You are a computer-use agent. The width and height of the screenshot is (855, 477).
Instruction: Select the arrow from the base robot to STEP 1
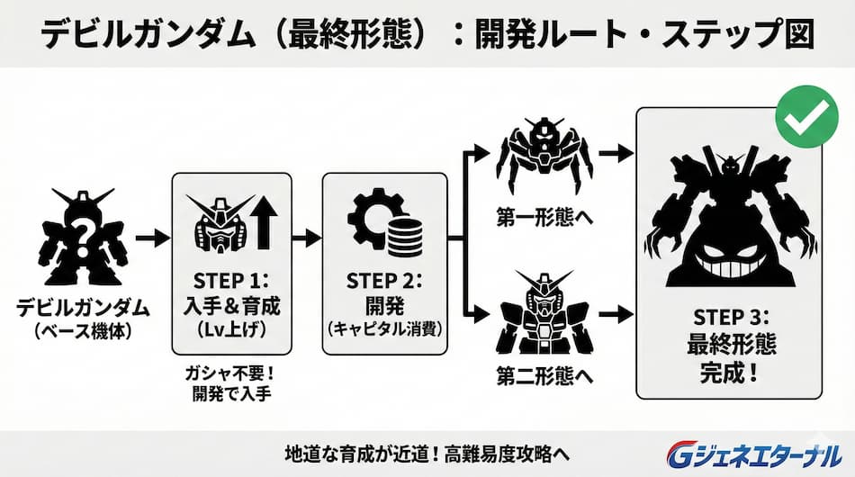click(152, 239)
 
